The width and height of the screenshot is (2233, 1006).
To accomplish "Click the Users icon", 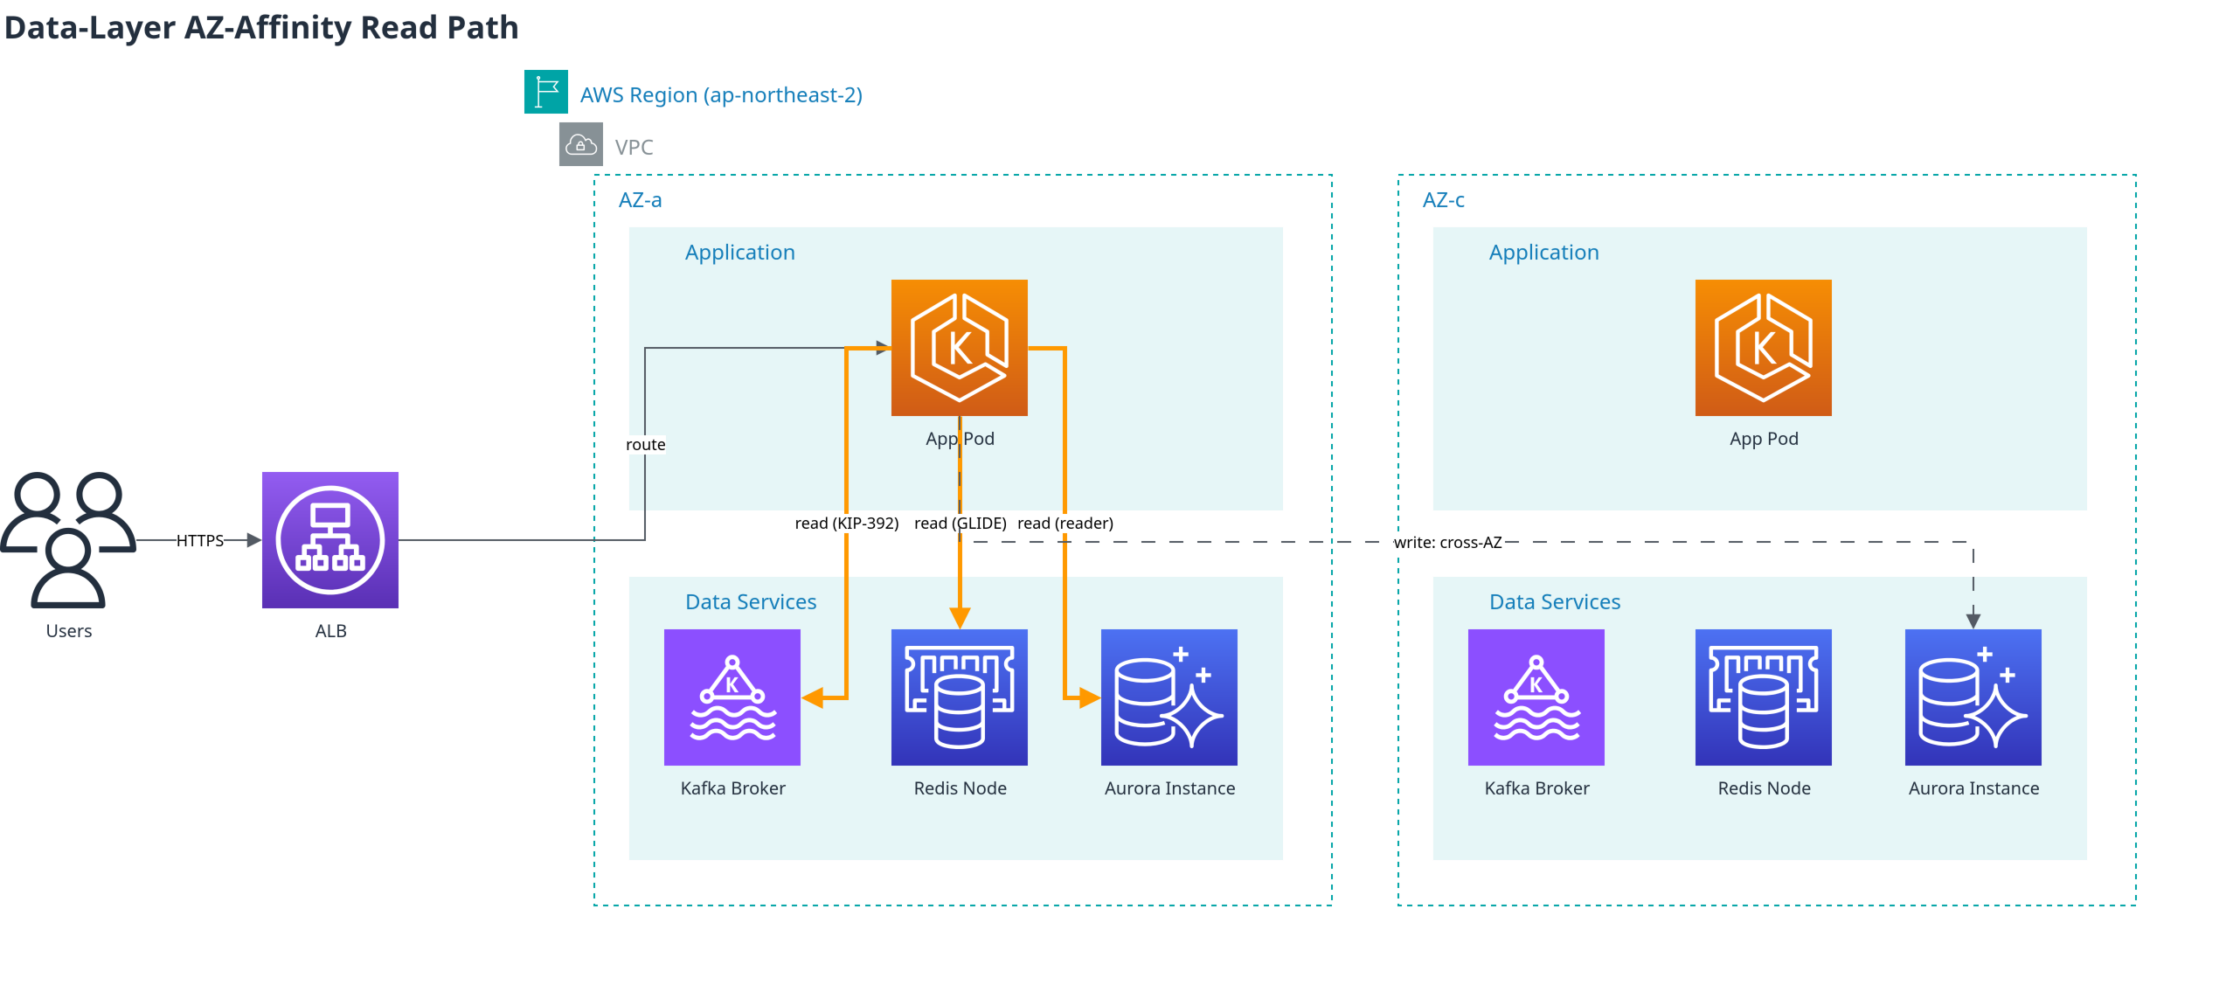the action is [68, 540].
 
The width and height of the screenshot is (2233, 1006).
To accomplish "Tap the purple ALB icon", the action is [330, 540].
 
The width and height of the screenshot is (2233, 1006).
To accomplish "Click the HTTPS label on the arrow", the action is [200, 541].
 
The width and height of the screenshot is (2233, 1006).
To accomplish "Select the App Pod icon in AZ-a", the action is [960, 348].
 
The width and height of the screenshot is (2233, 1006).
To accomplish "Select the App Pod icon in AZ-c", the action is [1764, 348].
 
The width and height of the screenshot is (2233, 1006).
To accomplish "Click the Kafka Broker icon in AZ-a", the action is [732, 697].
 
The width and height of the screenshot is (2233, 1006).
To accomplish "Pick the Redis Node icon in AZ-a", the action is [960, 697].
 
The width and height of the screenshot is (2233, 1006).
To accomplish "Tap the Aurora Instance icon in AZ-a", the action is [1169, 697].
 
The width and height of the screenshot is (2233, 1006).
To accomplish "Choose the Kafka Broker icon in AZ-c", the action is [1536, 697].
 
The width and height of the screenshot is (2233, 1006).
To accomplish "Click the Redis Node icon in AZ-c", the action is [1764, 697].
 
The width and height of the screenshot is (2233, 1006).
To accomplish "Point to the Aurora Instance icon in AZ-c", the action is [1973, 697].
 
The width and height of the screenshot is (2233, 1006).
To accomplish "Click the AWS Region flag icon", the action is [546, 92].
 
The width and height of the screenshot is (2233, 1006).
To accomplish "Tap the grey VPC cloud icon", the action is [581, 144].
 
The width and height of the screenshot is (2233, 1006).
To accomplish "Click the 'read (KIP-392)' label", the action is [847, 524].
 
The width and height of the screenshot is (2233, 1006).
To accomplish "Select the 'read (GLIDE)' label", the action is [960, 524].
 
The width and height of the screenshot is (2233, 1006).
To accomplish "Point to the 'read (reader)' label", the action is [1065, 524].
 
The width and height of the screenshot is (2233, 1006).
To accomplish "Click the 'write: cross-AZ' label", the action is [1448, 543].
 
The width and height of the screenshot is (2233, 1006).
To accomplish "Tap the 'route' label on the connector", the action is [646, 445].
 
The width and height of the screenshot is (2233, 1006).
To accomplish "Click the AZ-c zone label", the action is [1444, 200].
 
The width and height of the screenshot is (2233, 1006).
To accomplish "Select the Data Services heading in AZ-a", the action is [751, 602].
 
